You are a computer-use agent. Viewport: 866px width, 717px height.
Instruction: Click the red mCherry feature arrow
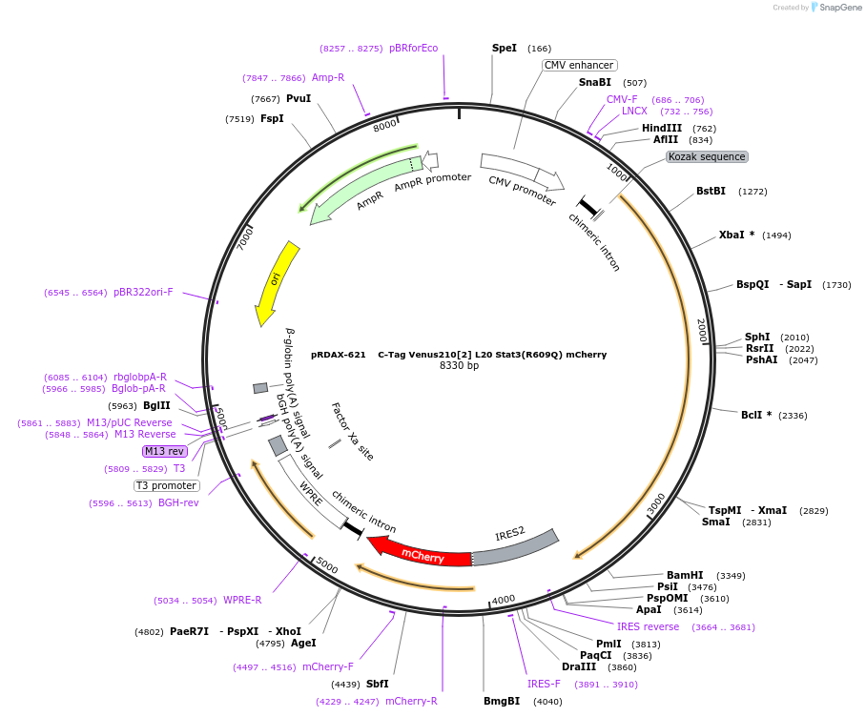pyautogui.click(x=420, y=553)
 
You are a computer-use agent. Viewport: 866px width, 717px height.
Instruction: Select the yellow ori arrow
pyautogui.click(x=277, y=281)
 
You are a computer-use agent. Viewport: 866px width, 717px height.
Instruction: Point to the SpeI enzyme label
pyautogui.click(x=505, y=48)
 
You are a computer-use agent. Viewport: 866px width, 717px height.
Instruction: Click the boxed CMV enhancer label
pyautogui.click(x=579, y=65)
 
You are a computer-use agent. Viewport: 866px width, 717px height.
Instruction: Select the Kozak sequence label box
pyautogui.click(x=707, y=156)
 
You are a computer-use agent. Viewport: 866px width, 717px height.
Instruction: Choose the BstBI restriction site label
pyautogui.click(x=711, y=191)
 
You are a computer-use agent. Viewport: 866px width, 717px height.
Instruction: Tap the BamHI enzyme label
pyautogui.click(x=685, y=575)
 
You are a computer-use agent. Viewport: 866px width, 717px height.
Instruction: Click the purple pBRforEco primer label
pyautogui.click(x=413, y=48)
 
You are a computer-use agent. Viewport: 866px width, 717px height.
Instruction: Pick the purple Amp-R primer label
pyautogui.click(x=328, y=78)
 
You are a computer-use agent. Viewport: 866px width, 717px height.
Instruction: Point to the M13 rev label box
pyautogui.click(x=165, y=451)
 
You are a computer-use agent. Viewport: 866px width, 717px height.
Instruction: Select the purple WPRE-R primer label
pyautogui.click(x=242, y=600)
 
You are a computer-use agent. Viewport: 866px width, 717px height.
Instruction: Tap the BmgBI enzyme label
pyautogui.click(x=502, y=701)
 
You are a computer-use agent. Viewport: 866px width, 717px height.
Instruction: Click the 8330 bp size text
pyautogui.click(x=459, y=366)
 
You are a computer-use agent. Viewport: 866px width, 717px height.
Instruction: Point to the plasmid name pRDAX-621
pyautogui.click(x=338, y=355)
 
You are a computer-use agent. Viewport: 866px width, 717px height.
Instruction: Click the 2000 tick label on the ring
pyautogui.click(x=702, y=331)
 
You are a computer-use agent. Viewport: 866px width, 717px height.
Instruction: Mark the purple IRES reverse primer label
pyautogui.click(x=648, y=626)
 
